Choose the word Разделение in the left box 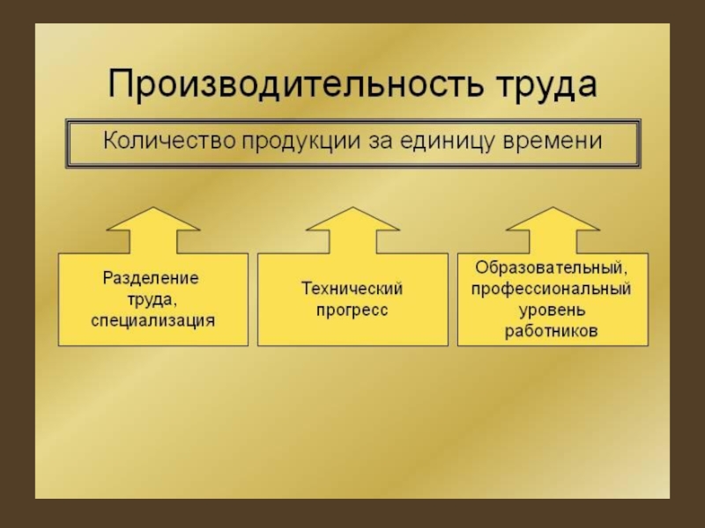[152, 278]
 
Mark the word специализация [152, 320]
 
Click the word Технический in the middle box [352, 289]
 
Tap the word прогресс [352, 311]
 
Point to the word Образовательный [552, 268]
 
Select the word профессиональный [552, 289]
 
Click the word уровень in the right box [552, 310]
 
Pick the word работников [552, 332]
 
